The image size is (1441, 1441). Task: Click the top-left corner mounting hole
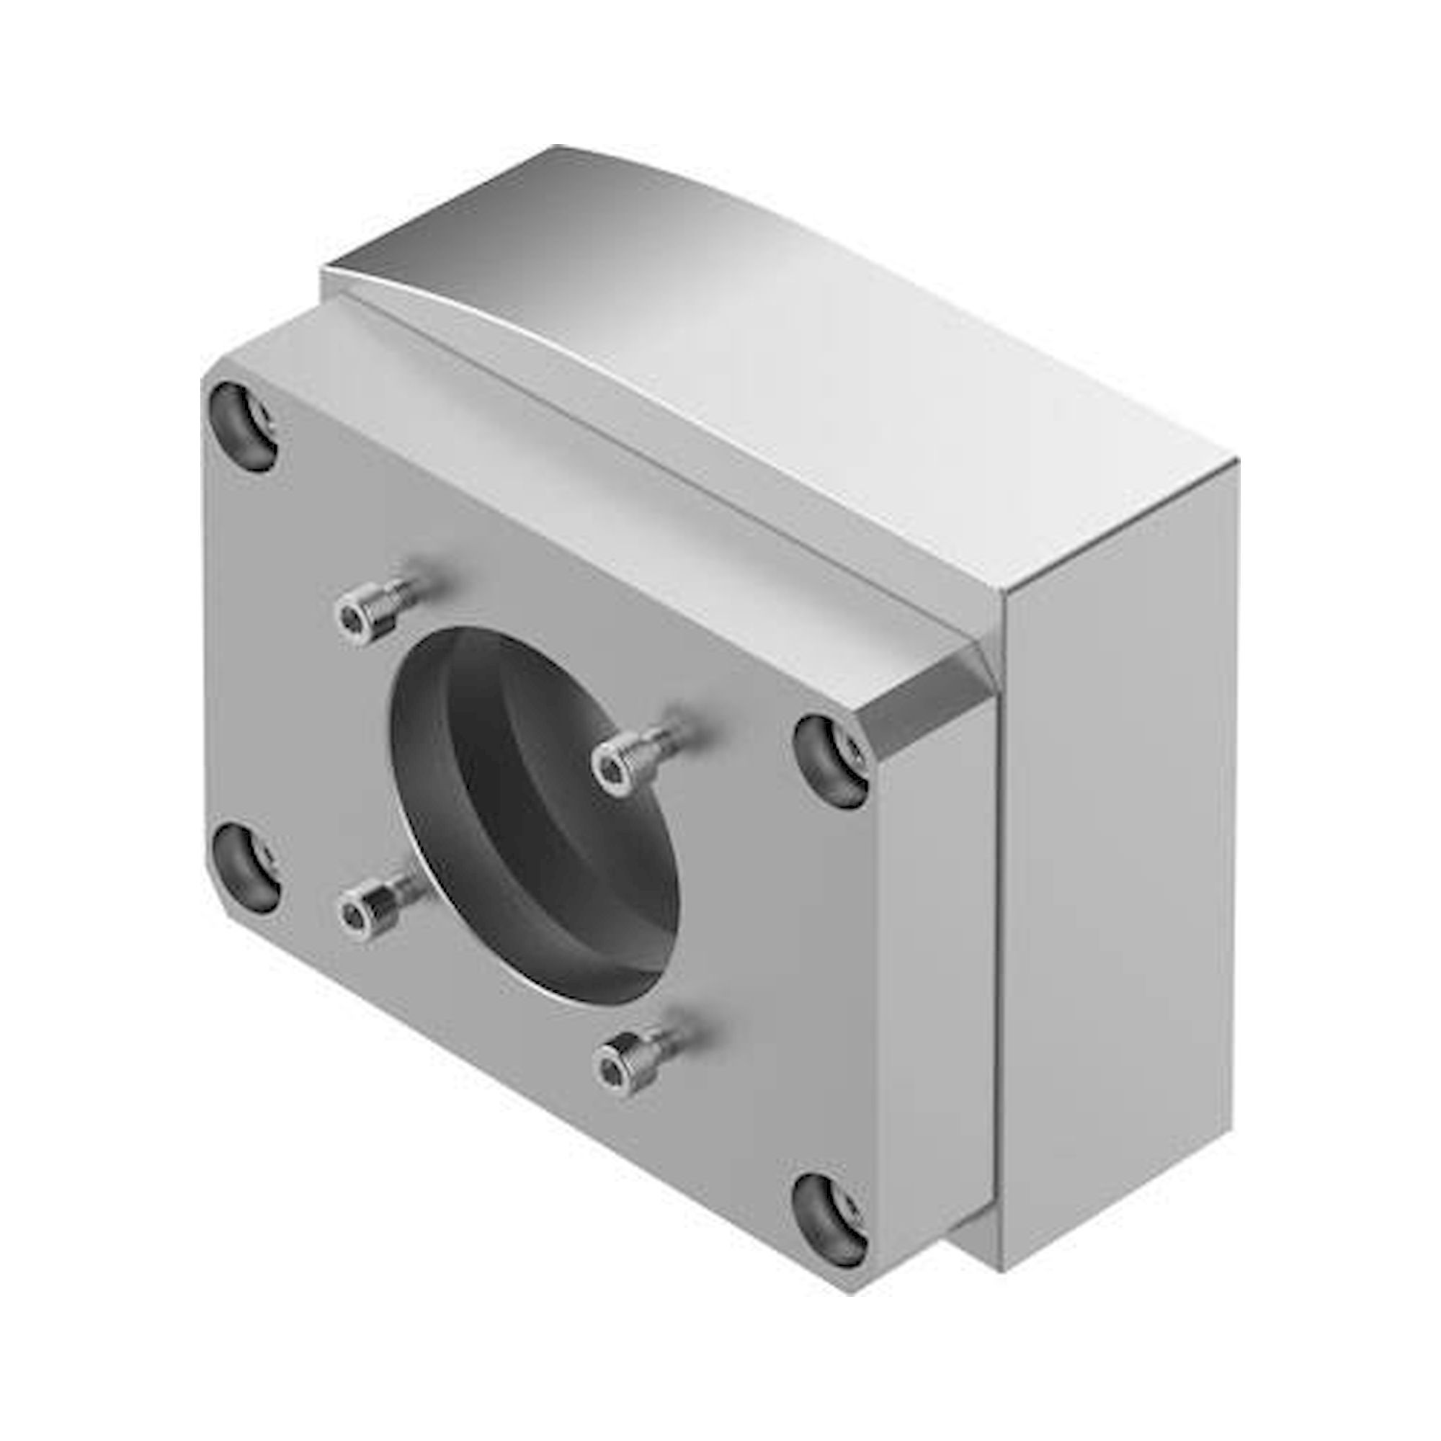(x=243, y=426)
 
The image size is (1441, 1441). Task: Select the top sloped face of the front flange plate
(x=597, y=478)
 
